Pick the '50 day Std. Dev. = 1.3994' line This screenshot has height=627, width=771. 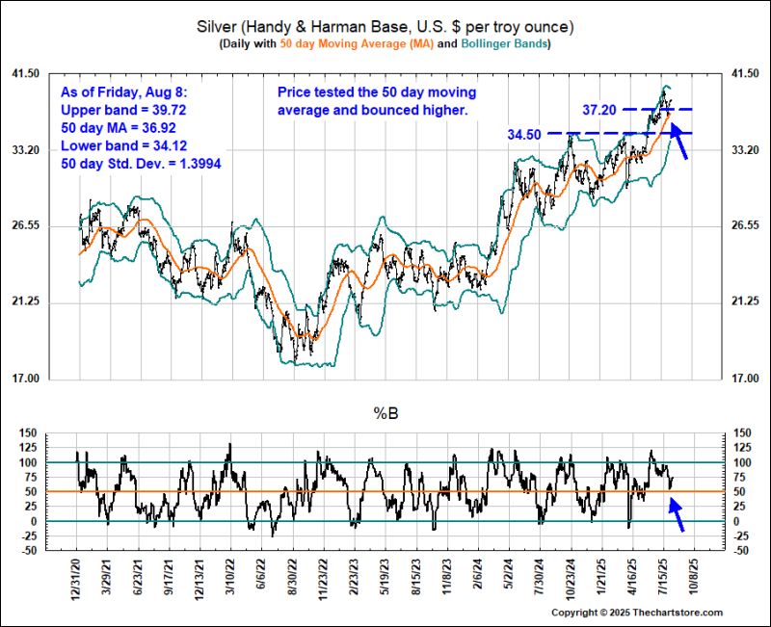(x=140, y=164)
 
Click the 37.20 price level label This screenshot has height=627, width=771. (x=600, y=110)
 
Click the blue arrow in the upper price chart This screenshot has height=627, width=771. (x=678, y=144)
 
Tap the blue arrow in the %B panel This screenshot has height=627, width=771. (x=678, y=514)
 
